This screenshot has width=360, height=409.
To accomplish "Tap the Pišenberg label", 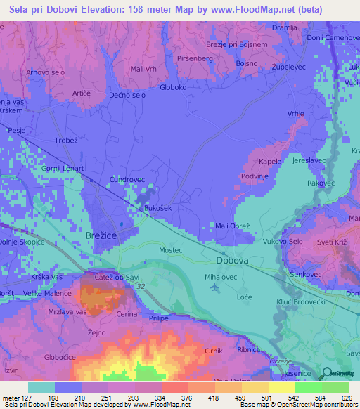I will [195, 58].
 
